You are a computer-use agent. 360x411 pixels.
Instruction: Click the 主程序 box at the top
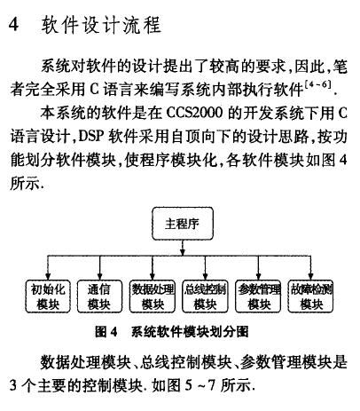click(183, 224)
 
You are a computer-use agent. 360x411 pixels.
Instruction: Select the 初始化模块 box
click(48, 296)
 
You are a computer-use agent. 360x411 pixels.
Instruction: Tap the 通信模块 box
click(99, 296)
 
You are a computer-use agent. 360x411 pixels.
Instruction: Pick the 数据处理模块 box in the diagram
click(153, 296)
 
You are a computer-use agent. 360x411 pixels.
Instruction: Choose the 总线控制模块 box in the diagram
click(205, 296)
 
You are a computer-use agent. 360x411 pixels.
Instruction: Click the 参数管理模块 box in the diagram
click(258, 296)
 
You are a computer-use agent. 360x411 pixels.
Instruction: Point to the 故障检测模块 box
click(310, 296)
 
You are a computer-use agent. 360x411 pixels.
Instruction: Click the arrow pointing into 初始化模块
click(48, 267)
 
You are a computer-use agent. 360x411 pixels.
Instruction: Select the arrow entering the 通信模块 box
click(100, 267)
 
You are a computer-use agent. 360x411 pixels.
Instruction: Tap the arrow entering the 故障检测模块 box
click(310, 267)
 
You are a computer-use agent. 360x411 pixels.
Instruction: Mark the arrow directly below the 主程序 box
click(183, 248)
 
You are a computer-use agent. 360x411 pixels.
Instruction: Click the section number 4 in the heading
click(13, 24)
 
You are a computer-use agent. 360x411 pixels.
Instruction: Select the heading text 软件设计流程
click(101, 25)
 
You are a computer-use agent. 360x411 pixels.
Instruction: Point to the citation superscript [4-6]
click(317, 85)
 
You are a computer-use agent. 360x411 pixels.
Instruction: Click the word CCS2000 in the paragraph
click(194, 113)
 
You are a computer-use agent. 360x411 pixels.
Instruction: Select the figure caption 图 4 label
click(106, 331)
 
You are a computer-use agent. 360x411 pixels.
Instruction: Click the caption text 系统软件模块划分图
click(190, 331)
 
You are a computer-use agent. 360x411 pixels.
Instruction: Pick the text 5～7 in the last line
click(200, 385)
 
